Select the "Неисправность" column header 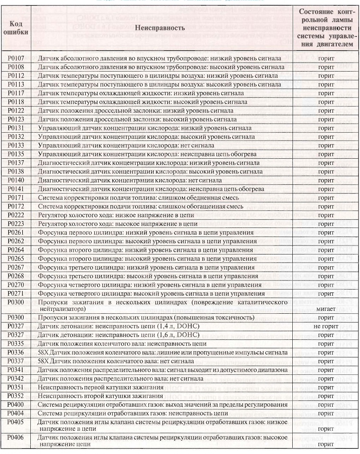[160, 28]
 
